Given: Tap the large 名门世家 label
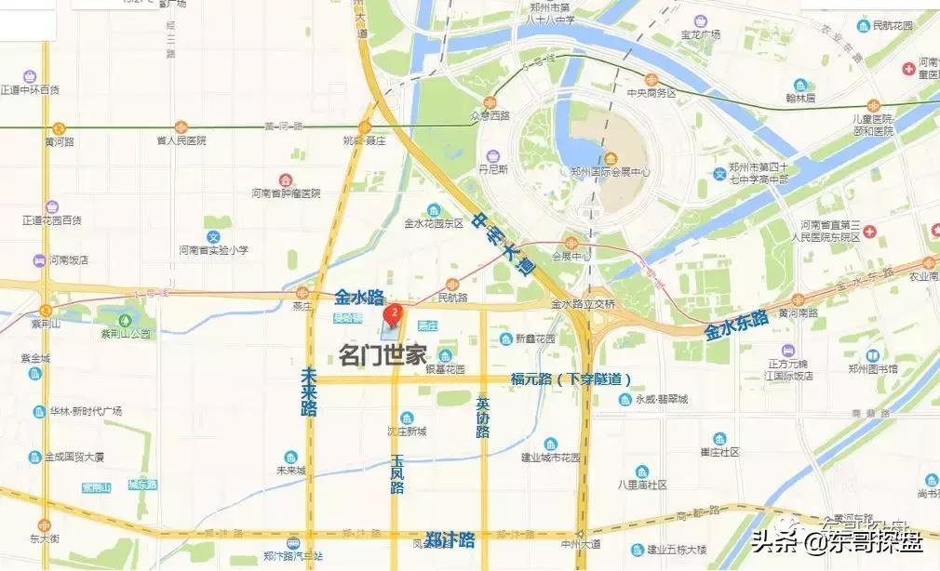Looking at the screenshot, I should (x=383, y=354).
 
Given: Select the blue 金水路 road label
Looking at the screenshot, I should (x=359, y=298).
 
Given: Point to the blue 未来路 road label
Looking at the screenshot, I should (x=310, y=391).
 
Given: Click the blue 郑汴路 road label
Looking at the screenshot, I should (x=450, y=539).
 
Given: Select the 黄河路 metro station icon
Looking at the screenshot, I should (x=59, y=128).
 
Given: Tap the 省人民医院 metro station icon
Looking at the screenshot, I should (x=181, y=126).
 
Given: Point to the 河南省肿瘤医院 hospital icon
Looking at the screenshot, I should (x=285, y=179).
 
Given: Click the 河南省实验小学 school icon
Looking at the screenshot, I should (x=213, y=236).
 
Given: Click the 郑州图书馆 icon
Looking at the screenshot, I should (x=873, y=355).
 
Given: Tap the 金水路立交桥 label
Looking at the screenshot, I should (x=583, y=304).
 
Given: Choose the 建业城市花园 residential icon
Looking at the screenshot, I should (x=550, y=444).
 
